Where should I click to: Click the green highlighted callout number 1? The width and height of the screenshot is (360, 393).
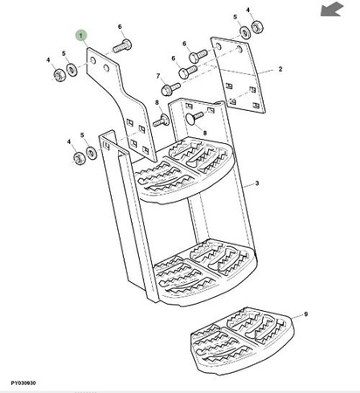coord(81,36)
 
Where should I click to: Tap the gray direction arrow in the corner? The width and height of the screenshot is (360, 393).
coord(332,9)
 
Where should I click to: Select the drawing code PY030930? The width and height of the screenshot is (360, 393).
coord(24,383)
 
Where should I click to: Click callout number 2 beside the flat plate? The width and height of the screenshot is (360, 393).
coord(280,69)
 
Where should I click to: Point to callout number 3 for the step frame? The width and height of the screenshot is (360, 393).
coord(257,183)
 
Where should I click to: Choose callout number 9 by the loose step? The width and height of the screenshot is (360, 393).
coord(306,314)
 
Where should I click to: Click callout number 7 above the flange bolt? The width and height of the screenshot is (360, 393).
coord(158,76)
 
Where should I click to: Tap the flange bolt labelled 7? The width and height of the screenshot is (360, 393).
coord(170,88)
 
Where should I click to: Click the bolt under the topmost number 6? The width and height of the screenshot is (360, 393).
coord(122,46)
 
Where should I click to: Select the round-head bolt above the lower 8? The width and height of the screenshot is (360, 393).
coord(195,117)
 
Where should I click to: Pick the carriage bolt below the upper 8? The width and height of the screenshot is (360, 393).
coord(161,120)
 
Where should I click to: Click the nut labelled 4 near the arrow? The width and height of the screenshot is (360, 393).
coord(257,26)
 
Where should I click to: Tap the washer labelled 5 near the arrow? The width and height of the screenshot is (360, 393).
coord(246,31)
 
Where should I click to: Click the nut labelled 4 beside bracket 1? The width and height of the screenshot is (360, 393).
coord(60,75)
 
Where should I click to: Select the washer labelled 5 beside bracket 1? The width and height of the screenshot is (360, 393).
coord(72,70)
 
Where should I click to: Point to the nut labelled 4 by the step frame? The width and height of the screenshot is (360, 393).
coord(79,158)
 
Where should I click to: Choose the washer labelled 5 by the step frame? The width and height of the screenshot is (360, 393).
coord(92,153)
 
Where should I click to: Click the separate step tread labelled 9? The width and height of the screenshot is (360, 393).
coord(243,340)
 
